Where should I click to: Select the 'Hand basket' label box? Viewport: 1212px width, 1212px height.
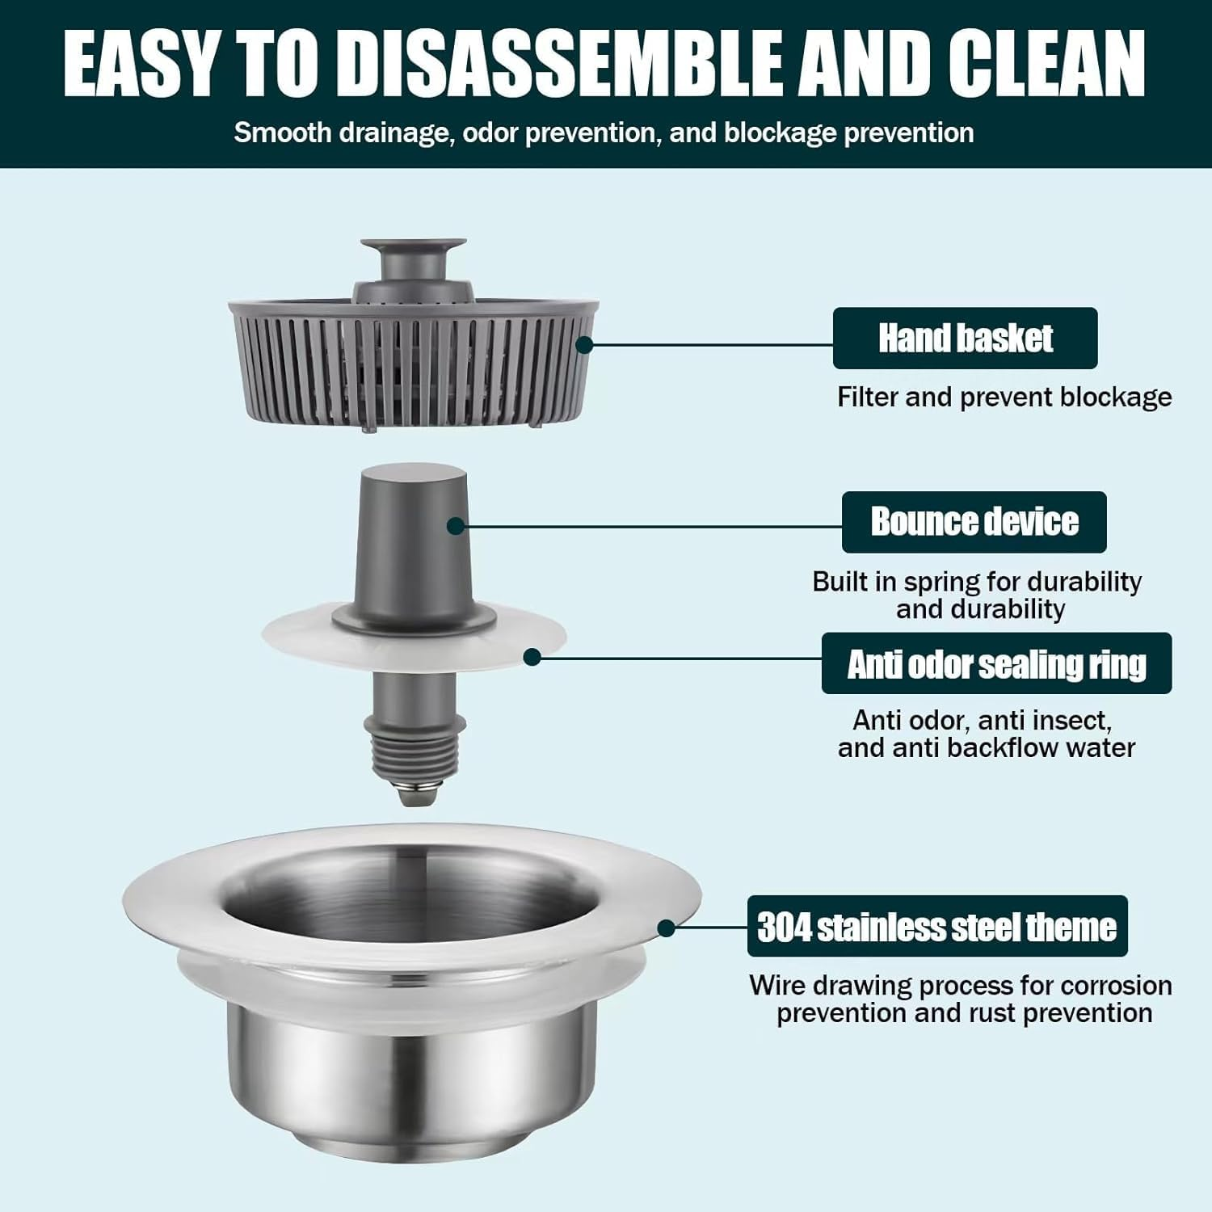tap(965, 338)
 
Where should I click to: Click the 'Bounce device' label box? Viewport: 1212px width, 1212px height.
tap(974, 522)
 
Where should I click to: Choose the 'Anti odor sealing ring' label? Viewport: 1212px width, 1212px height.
tap(996, 663)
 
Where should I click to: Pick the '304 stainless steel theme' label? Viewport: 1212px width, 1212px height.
tap(936, 926)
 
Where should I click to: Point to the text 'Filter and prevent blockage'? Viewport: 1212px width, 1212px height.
tap(1004, 397)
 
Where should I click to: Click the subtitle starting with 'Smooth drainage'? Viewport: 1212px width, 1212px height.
tap(604, 133)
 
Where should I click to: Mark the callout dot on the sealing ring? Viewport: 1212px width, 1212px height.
tap(532, 657)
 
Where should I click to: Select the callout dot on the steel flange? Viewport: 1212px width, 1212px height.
tap(666, 928)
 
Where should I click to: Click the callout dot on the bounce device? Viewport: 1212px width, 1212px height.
tap(456, 526)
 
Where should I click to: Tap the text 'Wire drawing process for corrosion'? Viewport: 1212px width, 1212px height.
tap(960, 985)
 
